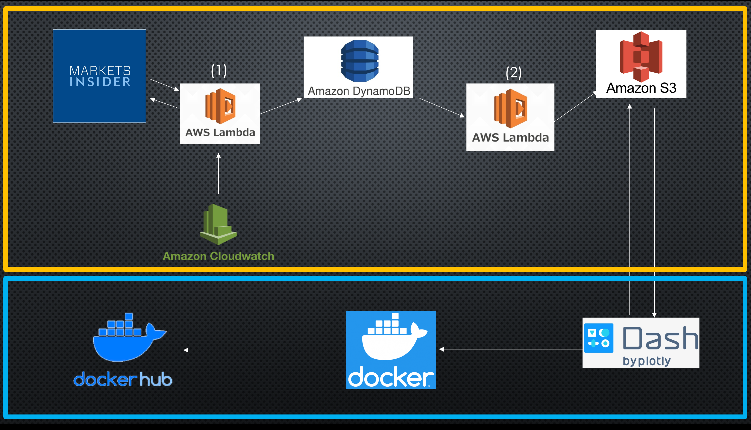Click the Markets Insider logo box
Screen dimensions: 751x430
tap(99, 76)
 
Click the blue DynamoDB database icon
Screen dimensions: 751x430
tap(360, 61)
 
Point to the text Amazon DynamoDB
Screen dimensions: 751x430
tap(359, 91)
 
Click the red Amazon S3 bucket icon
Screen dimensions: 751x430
tap(641, 56)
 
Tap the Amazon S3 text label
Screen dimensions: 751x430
tap(641, 88)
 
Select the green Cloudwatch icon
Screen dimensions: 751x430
tap(218, 224)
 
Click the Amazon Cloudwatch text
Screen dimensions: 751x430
tap(219, 256)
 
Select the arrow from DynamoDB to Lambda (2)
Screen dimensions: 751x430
tap(442, 108)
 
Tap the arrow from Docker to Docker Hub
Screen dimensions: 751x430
tap(265, 350)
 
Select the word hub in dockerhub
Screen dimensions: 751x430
tap(156, 379)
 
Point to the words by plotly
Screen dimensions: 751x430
tap(647, 361)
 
